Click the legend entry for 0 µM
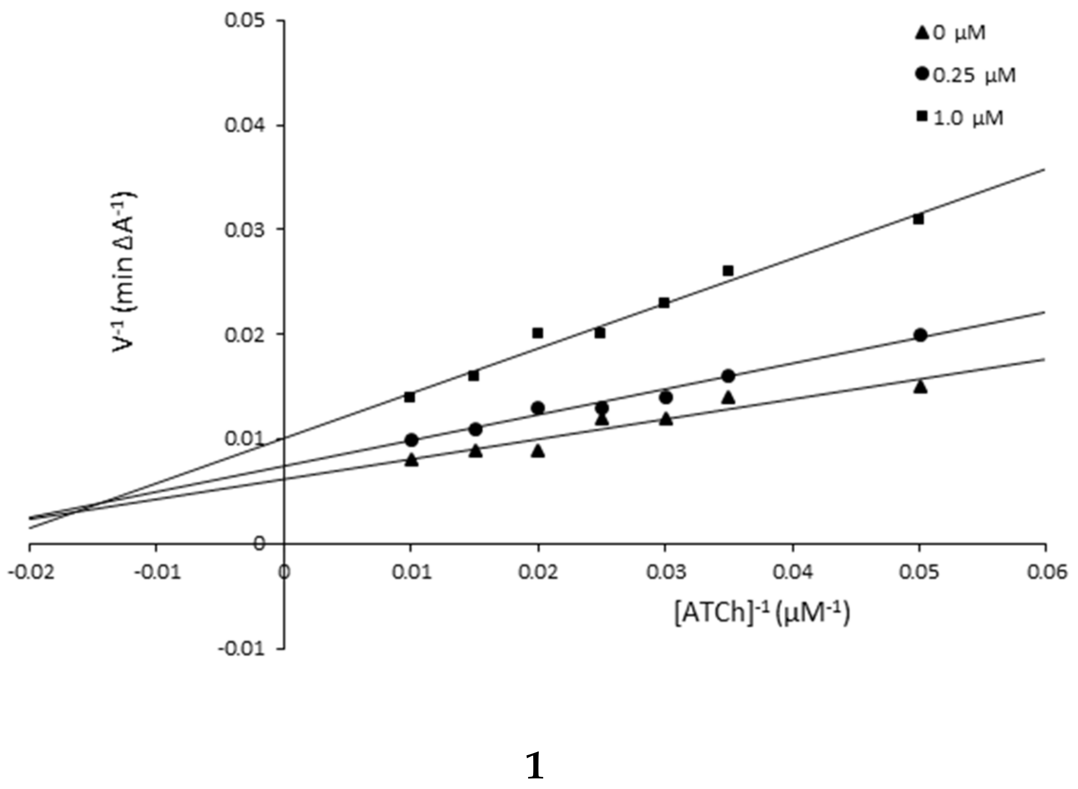coord(950,33)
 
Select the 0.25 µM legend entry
coord(965,75)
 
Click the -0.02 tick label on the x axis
coord(30,572)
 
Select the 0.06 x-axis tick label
coord(1046,572)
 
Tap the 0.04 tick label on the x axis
coord(792,572)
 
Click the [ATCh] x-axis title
coord(762,613)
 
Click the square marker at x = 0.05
coord(918,219)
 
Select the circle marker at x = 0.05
coord(920,335)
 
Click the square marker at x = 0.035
coord(728,271)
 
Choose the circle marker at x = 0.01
coord(411,440)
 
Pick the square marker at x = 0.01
coord(410,398)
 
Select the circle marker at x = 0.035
coord(728,376)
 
